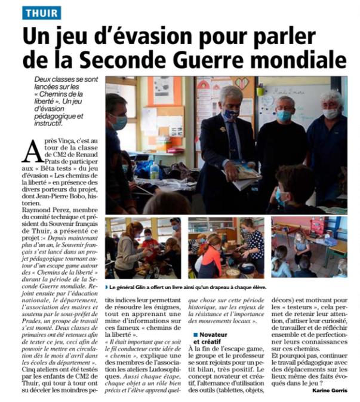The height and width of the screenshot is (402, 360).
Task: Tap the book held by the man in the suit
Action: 245,174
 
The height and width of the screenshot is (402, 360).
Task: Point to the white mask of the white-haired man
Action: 332,113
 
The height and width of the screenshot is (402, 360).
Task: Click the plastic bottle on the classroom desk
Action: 155,170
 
